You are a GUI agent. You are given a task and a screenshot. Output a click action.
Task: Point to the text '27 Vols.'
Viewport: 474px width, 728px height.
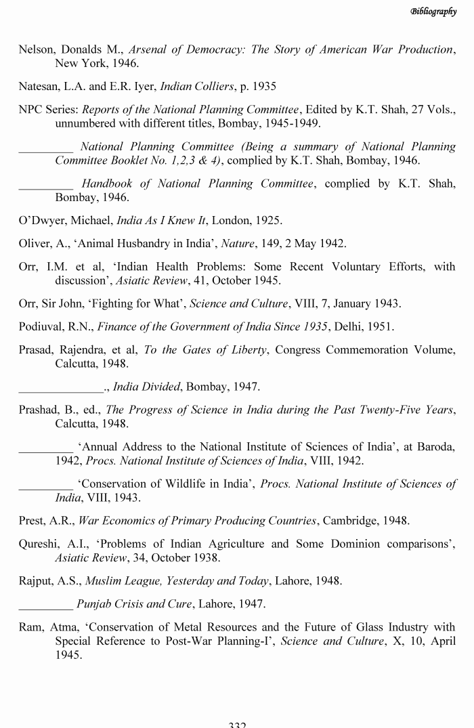(x=434, y=110)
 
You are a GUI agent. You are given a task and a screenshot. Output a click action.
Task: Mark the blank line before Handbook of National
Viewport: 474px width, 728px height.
(x=45, y=184)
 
